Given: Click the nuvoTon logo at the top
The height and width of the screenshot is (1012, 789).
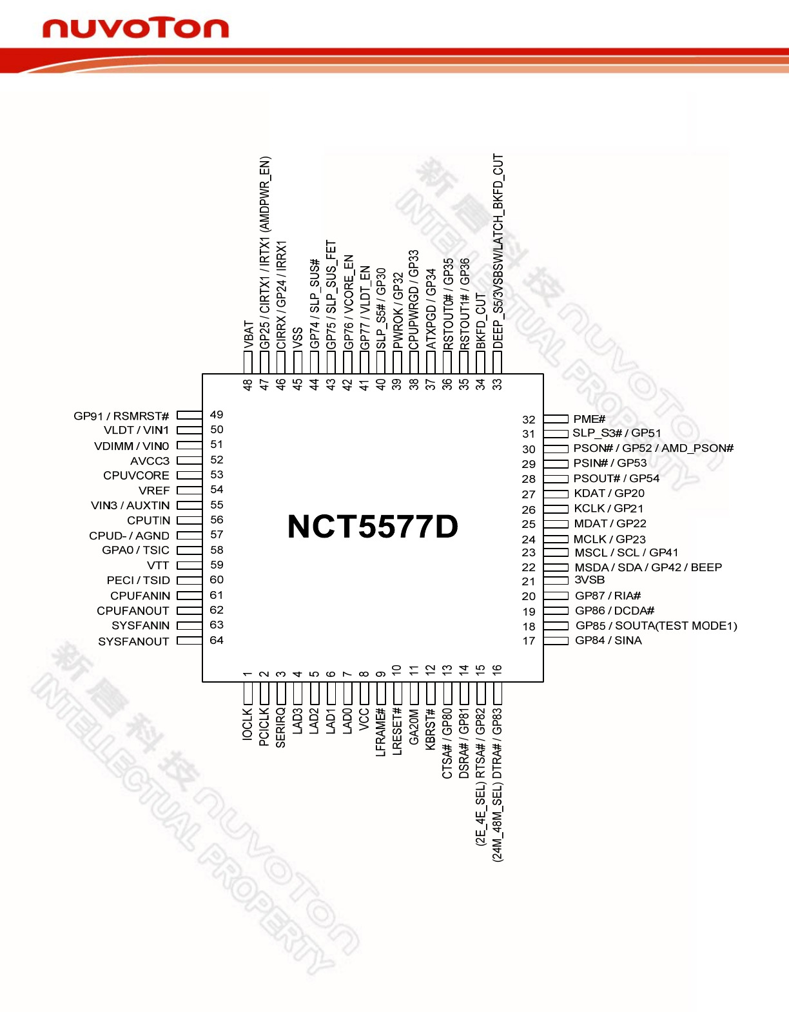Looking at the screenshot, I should tap(135, 28).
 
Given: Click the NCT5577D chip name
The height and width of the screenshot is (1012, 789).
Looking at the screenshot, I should tap(373, 527).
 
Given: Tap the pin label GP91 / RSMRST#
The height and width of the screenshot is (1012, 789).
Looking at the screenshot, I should tap(121, 416).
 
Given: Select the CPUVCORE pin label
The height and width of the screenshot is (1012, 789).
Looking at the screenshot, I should tap(136, 475).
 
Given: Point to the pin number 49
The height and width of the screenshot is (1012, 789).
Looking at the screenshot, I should tap(217, 414).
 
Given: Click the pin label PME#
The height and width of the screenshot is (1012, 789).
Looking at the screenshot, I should tap(589, 419).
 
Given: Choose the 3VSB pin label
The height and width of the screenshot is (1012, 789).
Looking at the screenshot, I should tap(590, 579).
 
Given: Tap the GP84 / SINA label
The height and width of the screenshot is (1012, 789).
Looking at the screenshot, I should tap(609, 640).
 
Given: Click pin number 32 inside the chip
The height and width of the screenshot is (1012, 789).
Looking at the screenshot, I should tap(529, 420).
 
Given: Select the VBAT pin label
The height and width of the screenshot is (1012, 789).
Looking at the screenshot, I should tap(248, 336).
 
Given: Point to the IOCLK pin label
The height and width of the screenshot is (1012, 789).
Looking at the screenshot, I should tap(248, 725).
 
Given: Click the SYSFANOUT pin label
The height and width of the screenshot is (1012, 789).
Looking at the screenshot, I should tap(133, 641).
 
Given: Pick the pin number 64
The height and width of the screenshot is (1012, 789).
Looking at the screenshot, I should tap(217, 640).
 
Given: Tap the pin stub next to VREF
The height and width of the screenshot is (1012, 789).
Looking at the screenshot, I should tap(190, 491).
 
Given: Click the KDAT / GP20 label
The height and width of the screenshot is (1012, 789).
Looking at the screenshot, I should tap(609, 493).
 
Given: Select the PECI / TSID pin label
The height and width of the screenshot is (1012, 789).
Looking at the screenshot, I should tap(139, 580).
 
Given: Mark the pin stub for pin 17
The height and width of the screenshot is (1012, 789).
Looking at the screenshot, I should tap(556, 641).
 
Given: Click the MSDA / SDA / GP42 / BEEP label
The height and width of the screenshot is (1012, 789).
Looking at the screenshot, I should tap(648, 567).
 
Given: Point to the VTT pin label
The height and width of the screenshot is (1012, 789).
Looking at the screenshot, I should tap(158, 565).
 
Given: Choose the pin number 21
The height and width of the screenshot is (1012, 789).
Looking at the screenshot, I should tap(529, 581).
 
